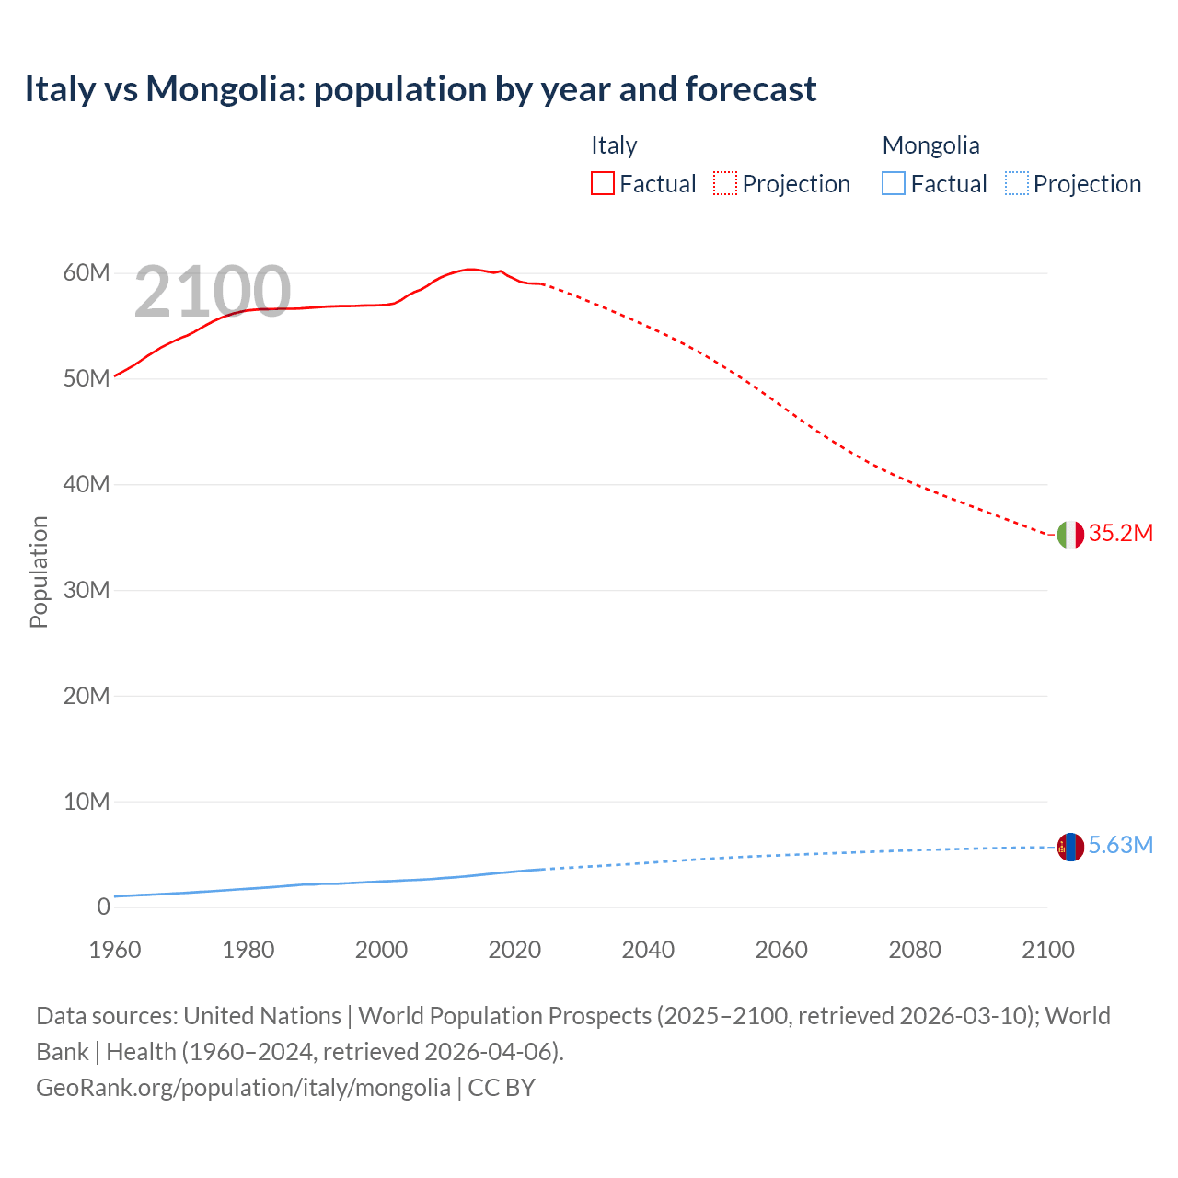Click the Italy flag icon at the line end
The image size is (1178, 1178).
pyautogui.click(x=1070, y=534)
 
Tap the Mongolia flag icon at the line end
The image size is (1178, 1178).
pyautogui.click(x=1070, y=847)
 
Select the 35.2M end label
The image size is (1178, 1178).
pyautogui.click(x=1120, y=534)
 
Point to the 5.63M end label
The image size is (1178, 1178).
pyautogui.click(x=1120, y=846)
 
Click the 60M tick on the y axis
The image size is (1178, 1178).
pyautogui.click(x=87, y=273)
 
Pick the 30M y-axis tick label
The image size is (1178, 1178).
pyautogui.click(x=87, y=590)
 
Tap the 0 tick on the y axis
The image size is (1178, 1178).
pyautogui.click(x=103, y=907)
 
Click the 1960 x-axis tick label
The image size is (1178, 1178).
pyautogui.click(x=115, y=951)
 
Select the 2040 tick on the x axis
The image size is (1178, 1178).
pyautogui.click(x=648, y=951)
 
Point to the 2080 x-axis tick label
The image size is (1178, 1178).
pyautogui.click(x=915, y=951)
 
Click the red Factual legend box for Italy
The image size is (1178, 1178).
pyautogui.click(x=603, y=184)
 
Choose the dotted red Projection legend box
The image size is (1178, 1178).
pyautogui.click(x=725, y=184)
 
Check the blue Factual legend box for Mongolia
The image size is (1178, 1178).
pyautogui.click(x=894, y=184)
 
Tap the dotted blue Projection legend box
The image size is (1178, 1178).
pyautogui.click(x=1016, y=184)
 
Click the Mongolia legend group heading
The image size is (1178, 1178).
pyautogui.click(x=930, y=145)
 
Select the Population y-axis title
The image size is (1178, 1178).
pyautogui.click(x=39, y=572)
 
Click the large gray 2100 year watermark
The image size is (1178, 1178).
pyautogui.click(x=213, y=292)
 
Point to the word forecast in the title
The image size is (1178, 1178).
pyautogui.click(x=750, y=89)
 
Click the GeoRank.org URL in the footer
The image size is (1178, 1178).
pyautogui.click(x=243, y=1088)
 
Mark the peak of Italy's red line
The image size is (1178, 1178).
pyautogui.click(x=470, y=269)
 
